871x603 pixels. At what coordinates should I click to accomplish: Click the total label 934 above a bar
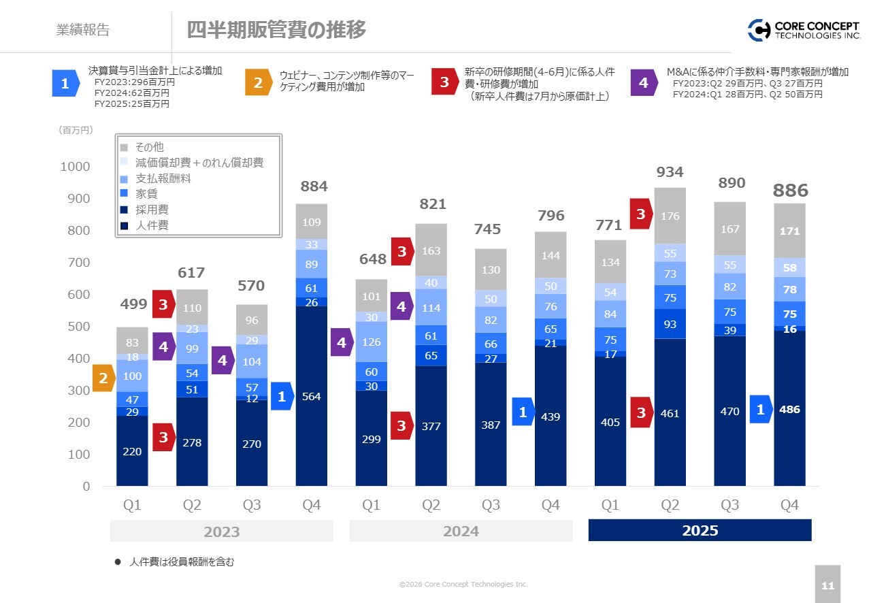(670, 172)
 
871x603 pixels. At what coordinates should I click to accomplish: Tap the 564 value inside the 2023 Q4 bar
(311, 396)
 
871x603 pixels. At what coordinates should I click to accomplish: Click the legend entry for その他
(148, 147)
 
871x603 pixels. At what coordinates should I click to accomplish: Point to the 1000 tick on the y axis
(76, 167)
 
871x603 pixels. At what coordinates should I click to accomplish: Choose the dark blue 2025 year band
(700, 531)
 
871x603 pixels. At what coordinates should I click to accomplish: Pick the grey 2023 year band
(222, 531)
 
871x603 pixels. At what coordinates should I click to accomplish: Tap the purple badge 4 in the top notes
(643, 83)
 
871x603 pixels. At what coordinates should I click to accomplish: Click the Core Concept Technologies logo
(804, 30)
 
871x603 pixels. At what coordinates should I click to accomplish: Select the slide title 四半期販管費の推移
(276, 30)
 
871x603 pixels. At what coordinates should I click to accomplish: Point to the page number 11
(827, 586)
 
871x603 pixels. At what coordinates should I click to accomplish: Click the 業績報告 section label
(82, 30)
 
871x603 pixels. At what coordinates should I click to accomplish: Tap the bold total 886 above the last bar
(790, 191)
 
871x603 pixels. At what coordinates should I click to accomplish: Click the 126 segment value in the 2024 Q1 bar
(371, 342)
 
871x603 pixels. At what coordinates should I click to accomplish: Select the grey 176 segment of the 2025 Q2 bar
(670, 216)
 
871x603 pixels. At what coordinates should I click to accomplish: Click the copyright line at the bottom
(463, 584)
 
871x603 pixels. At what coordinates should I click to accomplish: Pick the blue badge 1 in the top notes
(65, 84)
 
